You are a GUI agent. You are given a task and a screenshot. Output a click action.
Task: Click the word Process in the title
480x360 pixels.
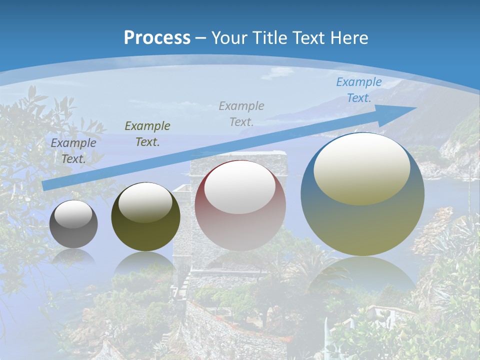click(x=157, y=38)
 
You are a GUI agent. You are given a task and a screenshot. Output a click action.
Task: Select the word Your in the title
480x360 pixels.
click(x=229, y=38)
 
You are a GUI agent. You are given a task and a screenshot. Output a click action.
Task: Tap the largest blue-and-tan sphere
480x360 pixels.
click(x=362, y=225)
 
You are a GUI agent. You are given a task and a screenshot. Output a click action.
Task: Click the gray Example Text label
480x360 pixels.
click(x=73, y=151)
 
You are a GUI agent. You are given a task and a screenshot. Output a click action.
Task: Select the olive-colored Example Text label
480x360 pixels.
click(x=147, y=134)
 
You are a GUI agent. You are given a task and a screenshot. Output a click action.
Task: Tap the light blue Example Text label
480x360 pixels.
click(x=358, y=90)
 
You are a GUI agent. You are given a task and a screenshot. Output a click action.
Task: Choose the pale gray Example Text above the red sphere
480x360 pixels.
click(x=241, y=113)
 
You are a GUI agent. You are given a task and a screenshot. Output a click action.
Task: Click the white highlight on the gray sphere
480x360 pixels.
click(x=73, y=214)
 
